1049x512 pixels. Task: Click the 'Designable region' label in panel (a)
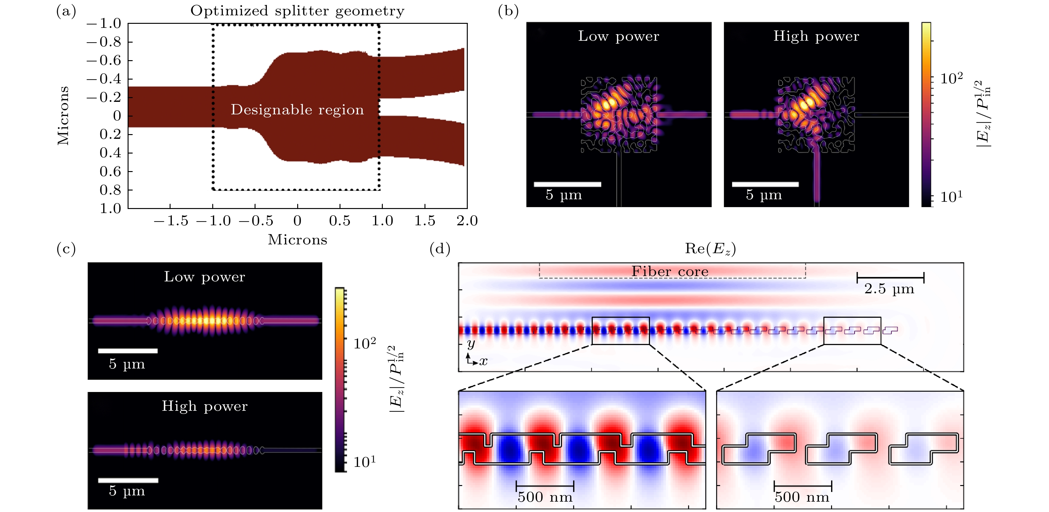click(x=297, y=110)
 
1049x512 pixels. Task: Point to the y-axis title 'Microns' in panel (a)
click(x=63, y=116)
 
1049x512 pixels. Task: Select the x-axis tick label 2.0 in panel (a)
click(x=467, y=221)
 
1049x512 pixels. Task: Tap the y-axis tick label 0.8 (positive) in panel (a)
click(x=110, y=190)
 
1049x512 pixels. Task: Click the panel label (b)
click(x=508, y=11)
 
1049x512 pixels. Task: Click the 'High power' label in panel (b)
click(x=816, y=36)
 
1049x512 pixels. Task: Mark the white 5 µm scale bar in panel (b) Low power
click(x=567, y=184)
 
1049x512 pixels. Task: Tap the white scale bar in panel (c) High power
click(x=128, y=480)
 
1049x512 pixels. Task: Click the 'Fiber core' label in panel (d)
click(x=670, y=271)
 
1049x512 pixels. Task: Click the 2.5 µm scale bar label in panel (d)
click(x=889, y=289)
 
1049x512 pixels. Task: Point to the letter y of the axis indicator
click(x=471, y=344)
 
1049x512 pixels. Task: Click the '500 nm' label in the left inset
click(x=545, y=497)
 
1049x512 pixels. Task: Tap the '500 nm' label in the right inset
click(x=802, y=497)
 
